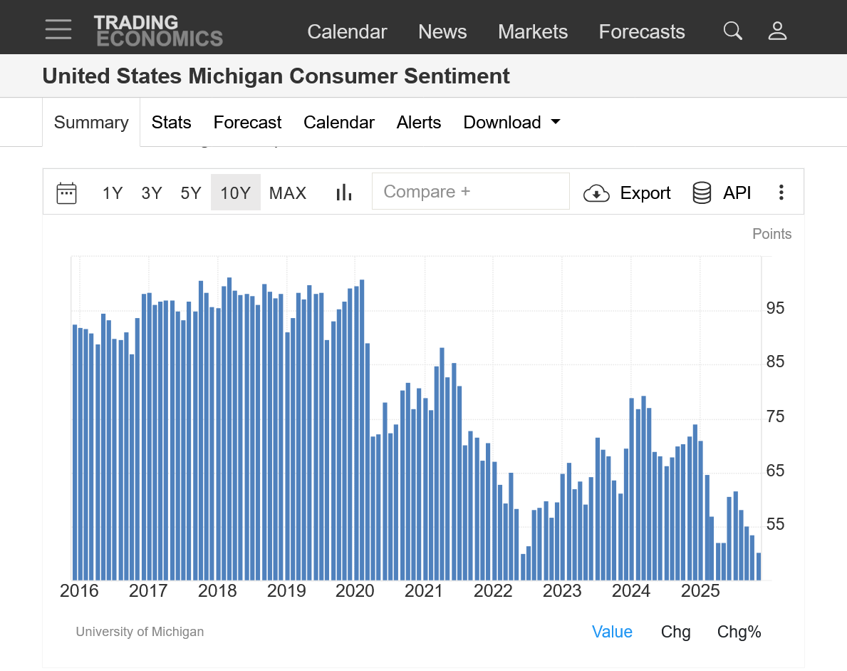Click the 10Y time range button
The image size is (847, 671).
pos(235,193)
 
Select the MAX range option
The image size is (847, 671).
pos(288,193)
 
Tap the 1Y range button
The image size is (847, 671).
pos(113,193)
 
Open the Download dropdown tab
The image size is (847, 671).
pos(511,123)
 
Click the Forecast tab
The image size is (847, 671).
pos(247,123)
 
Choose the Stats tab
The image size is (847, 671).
pos(171,123)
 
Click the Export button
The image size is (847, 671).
pos(628,193)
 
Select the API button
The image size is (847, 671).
pos(722,193)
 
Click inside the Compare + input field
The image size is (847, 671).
pos(470,191)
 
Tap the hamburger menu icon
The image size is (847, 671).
pos(58,30)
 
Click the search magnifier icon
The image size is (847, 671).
pos(732,31)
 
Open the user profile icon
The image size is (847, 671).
pos(777,31)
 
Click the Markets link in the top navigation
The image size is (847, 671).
pos(533,32)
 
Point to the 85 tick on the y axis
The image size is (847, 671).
pos(775,362)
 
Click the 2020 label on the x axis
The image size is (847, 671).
pos(355,591)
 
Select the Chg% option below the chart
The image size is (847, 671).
pos(739,632)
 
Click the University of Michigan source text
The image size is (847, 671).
pos(140,632)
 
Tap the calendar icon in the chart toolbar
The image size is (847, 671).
pos(66,193)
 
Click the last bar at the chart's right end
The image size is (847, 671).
pos(759,566)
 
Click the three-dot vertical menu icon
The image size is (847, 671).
pos(781,193)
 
